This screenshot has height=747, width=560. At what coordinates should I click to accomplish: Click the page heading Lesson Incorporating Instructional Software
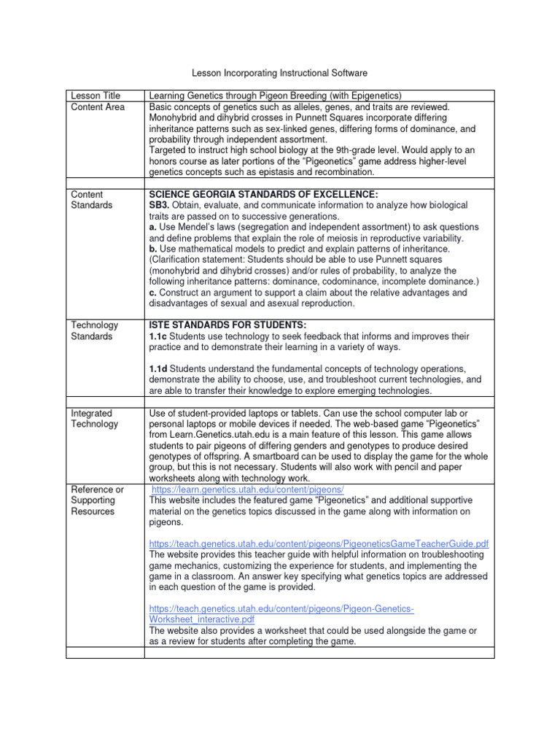coord(279,74)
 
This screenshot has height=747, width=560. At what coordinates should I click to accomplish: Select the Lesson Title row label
coord(94,96)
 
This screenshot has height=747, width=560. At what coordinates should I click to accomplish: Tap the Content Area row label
coord(97,107)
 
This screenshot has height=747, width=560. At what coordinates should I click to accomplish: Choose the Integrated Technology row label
coord(94,418)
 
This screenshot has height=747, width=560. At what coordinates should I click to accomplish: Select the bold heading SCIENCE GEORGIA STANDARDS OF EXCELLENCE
coord(263,194)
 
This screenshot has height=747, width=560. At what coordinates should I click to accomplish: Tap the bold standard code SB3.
coord(160,206)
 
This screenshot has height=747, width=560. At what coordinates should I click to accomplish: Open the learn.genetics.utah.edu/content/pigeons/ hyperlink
coord(247,489)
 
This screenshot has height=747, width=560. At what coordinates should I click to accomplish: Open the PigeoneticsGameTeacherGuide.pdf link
coord(319,544)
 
